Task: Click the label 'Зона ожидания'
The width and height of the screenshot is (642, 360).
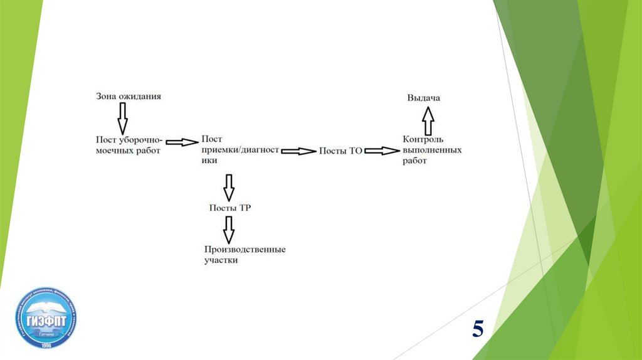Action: [x=129, y=97]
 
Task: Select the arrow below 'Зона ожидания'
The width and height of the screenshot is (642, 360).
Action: [x=122, y=117]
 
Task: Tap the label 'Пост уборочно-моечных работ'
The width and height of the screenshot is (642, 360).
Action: [x=129, y=145]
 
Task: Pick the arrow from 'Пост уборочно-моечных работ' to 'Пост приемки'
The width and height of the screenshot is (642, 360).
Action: [x=181, y=142]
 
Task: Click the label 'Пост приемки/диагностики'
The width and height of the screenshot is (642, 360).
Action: [x=239, y=150]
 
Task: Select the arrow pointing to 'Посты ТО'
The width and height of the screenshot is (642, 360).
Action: [x=298, y=151]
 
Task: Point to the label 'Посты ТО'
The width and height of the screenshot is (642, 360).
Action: [x=340, y=151]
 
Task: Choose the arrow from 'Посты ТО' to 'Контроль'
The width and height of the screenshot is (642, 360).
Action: [x=381, y=151]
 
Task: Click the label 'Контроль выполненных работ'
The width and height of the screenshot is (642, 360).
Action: [x=432, y=150]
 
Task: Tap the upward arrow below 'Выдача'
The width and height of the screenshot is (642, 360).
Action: [x=428, y=120]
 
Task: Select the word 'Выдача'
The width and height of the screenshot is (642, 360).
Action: [x=424, y=98]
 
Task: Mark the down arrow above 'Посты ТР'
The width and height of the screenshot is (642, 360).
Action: [x=229, y=187]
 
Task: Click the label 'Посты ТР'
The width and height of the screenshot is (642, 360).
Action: [x=230, y=208]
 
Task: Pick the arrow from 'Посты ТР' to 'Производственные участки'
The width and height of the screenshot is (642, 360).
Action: [x=229, y=229]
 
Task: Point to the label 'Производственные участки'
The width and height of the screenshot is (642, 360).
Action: [x=245, y=254]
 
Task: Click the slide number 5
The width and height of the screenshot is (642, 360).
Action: [x=478, y=328]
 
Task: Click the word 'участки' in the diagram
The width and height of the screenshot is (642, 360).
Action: [x=221, y=260]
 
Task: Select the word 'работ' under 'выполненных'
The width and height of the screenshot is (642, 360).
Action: [x=414, y=161]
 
